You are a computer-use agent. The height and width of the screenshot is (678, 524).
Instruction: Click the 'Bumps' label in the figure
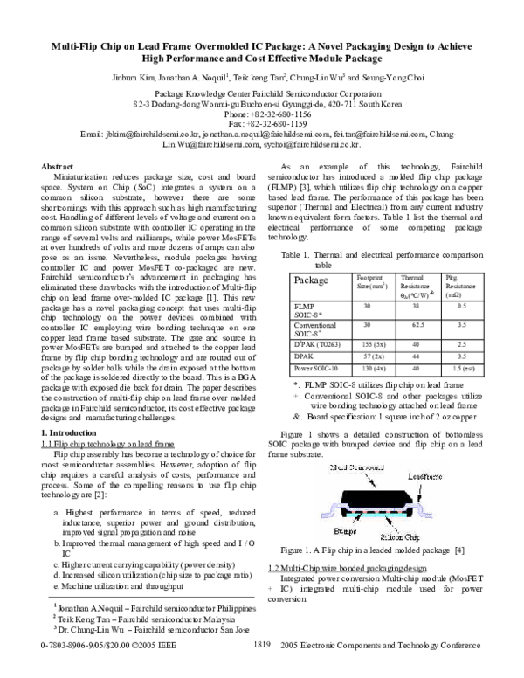345,529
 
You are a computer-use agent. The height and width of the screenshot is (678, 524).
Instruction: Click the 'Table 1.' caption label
296,254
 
